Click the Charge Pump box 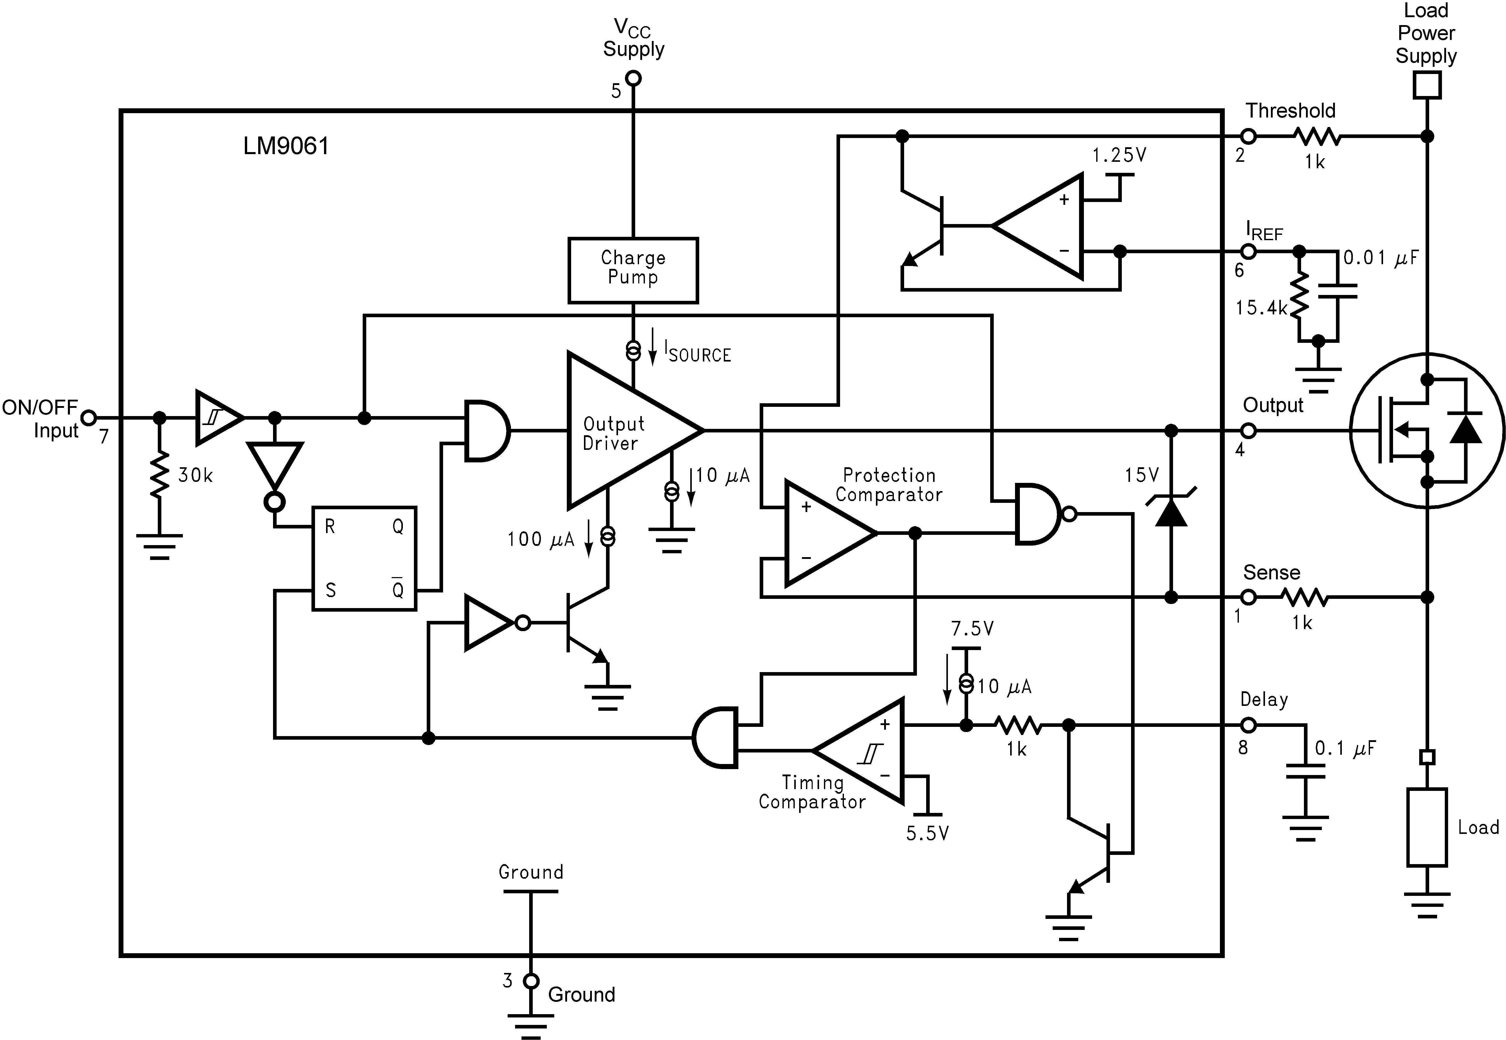633,270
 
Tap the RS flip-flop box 364,558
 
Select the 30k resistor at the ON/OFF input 159,476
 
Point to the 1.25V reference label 1119,155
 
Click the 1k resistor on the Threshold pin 1316,137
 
